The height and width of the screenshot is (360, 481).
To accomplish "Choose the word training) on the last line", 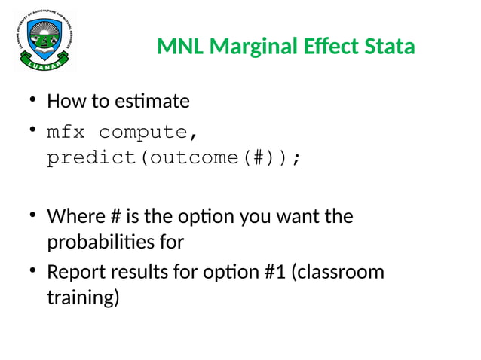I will click(83, 297).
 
